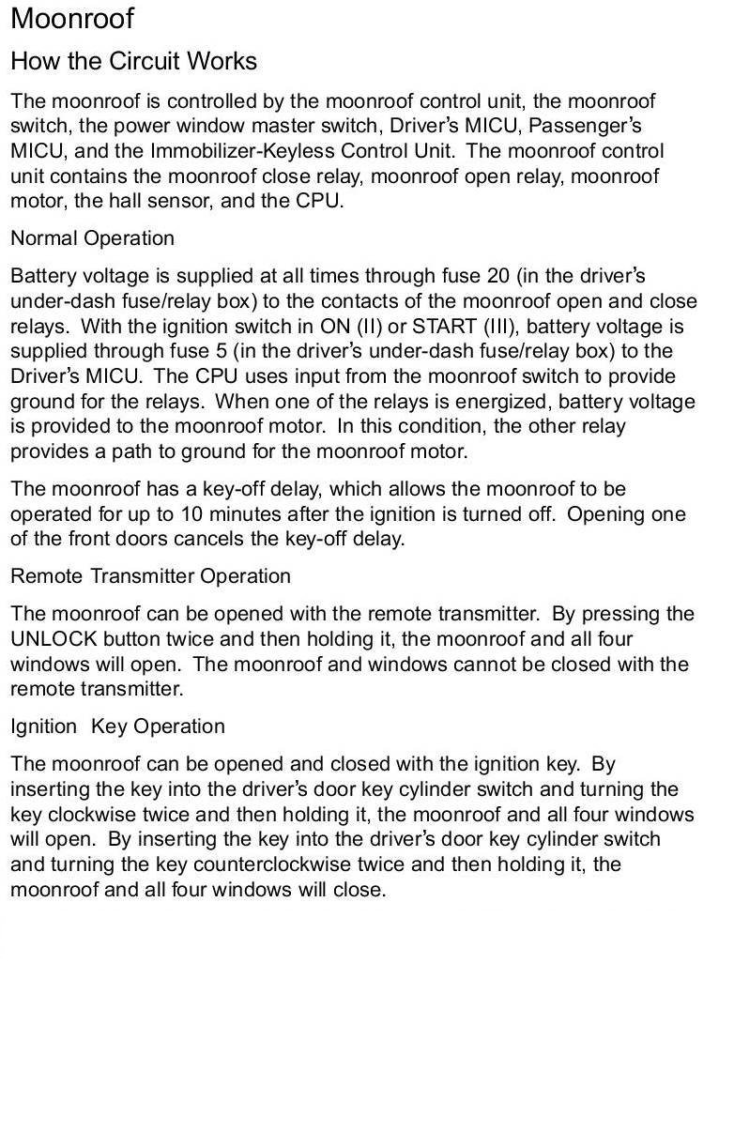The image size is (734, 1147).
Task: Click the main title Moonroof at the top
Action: click(x=72, y=19)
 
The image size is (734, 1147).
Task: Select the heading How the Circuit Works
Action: click(x=133, y=62)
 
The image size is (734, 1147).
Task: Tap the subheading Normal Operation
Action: click(x=92, y=238)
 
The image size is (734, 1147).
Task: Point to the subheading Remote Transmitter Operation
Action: click(x=150, y=575)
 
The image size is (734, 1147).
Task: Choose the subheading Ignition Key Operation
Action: click(x=117, y=726)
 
